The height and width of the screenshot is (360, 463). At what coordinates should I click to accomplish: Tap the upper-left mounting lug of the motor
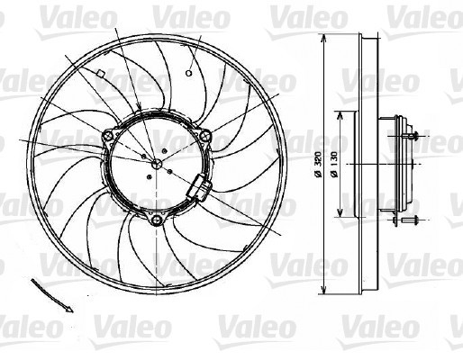(109, 137)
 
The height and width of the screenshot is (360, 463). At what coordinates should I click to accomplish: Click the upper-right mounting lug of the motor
(205, 137)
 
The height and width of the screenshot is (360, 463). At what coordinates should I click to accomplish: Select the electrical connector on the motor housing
(199, 189)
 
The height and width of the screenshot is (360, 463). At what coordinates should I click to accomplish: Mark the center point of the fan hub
(158, 164)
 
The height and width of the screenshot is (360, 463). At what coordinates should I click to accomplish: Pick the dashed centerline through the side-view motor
(378, 165)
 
